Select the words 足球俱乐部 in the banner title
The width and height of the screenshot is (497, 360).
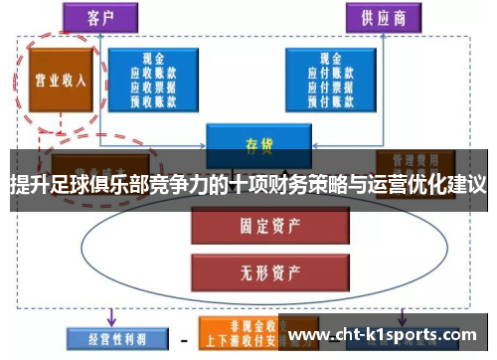(x=109, y=184)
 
